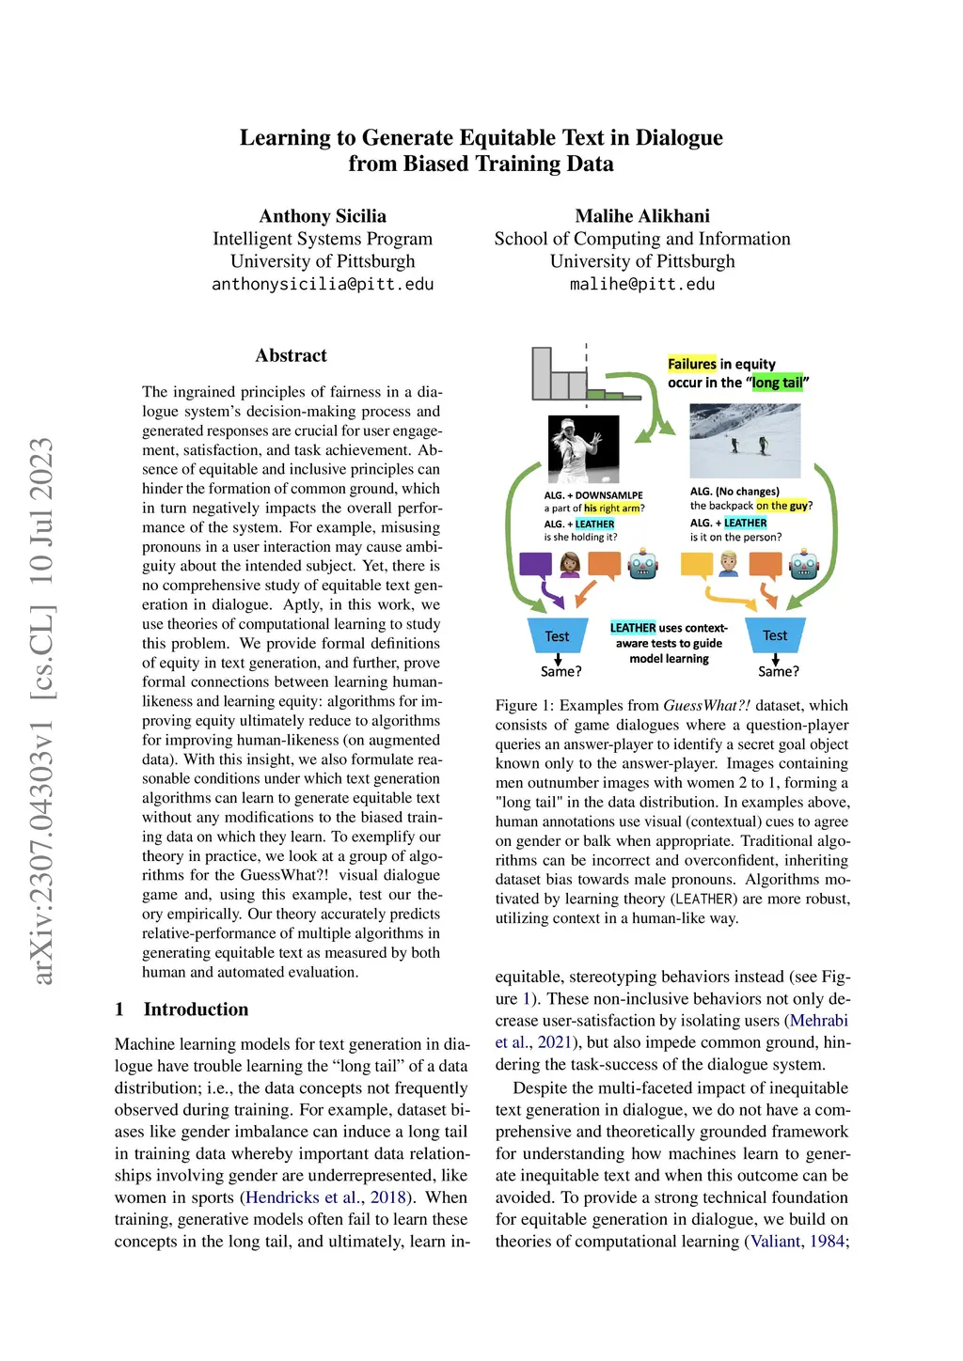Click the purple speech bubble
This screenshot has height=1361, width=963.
point(535,565)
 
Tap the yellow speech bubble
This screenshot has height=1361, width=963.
point(696,565)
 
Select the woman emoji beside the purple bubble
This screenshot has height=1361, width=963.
point(570,565)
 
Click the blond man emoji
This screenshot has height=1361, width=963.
point(730,565)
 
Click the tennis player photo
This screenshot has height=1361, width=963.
point(583,448)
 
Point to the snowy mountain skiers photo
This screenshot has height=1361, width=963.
point(745,441)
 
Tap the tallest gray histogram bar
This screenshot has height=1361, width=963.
point(542,373)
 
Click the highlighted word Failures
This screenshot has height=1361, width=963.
point(692,364)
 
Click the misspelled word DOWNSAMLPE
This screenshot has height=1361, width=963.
point(609,495)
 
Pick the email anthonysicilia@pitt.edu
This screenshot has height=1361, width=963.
point(323,284)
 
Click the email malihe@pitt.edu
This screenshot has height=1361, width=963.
point(642,284)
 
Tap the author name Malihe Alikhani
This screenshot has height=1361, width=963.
point(642,216)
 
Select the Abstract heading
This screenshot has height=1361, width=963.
point(291,355)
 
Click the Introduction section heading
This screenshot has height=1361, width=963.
point(196,1009)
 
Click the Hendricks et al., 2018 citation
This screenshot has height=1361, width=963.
point(324,1197)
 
